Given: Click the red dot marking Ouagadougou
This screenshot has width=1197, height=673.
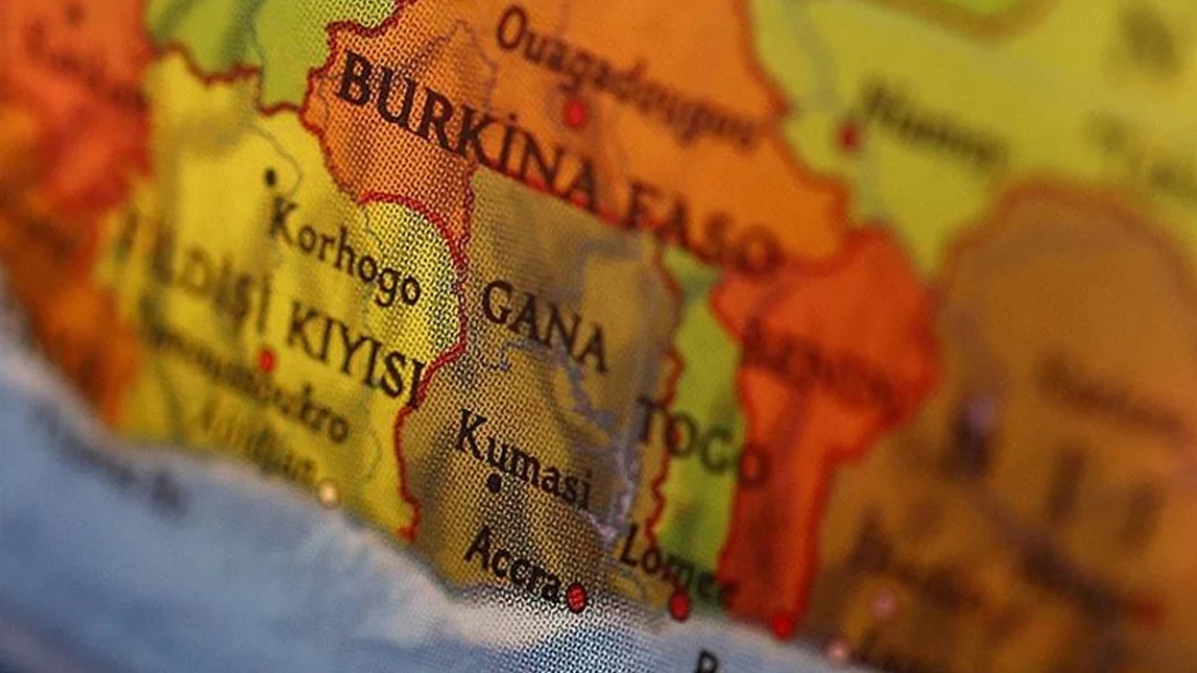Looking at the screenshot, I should click(574, 114).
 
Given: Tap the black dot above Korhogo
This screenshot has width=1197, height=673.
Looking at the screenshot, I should click(270, 177).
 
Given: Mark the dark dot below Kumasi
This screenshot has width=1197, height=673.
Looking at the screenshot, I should click(495, 484).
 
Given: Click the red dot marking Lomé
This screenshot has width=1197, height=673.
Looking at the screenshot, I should click(679, 606).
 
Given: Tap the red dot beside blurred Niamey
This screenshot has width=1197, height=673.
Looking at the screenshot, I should click(848, 136).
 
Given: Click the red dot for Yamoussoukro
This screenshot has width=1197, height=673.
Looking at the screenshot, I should click(267, 359).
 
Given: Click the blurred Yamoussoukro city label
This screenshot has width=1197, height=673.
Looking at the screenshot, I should click(252, 393).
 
